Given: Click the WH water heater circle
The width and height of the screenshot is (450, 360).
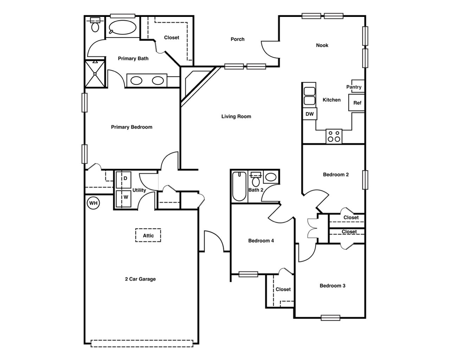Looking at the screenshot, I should (93, 203).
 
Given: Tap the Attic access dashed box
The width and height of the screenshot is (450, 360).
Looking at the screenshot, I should (148, 236).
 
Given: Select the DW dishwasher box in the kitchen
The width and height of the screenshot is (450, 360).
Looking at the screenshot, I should (309, 114).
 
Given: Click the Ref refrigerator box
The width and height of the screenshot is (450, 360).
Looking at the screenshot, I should (357, 103).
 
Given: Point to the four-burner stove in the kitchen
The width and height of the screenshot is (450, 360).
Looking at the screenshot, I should (334, 136).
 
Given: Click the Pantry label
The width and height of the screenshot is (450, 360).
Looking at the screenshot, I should (354, 87).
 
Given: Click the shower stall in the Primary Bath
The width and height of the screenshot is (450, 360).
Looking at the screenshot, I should (95, 74).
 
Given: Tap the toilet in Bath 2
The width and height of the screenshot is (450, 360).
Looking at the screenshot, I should (256, 181).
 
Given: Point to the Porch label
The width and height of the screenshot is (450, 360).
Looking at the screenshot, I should (237, 39).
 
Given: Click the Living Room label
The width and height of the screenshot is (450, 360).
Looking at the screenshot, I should (236, 116).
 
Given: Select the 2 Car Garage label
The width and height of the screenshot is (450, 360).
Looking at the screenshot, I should (140, 279).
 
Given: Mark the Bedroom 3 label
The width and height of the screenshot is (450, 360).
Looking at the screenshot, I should (332, 285).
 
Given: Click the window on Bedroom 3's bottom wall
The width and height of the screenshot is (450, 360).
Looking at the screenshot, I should (330, 318).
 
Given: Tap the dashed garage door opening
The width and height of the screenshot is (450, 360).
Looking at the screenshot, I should (142, 343).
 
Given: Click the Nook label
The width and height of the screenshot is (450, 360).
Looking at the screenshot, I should (322, 45).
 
